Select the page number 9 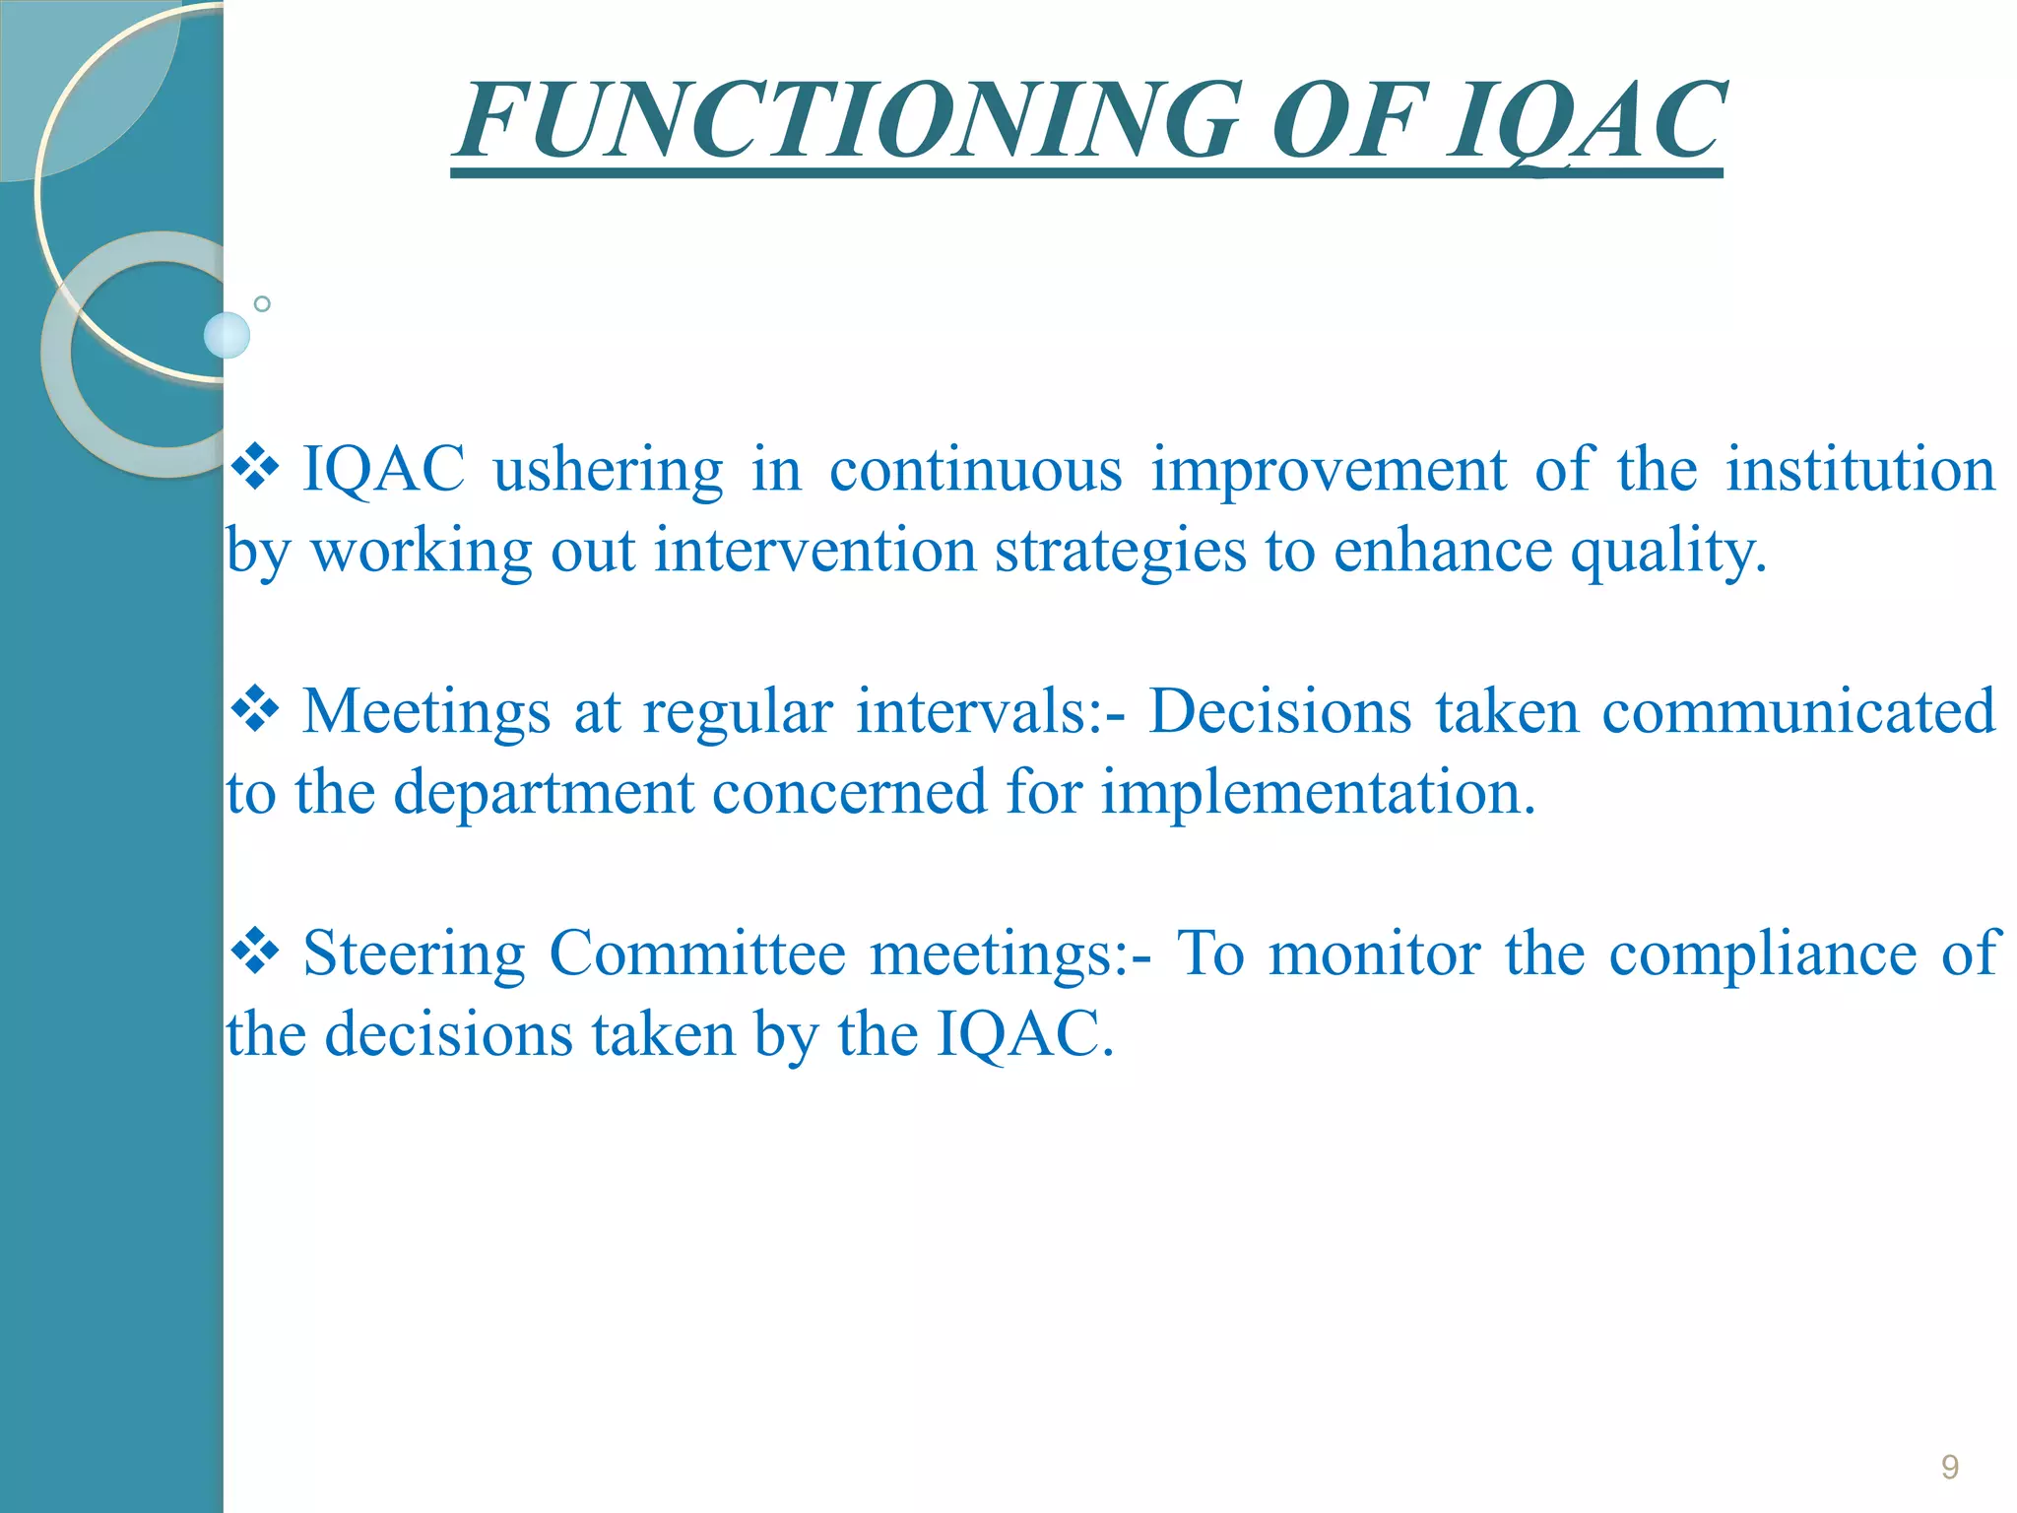1949,1467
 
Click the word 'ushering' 608,469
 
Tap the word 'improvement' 1329,469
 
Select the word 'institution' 1859,469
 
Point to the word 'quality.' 1667,552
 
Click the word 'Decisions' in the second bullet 1280,711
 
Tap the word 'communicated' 1798,711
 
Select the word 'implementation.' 1318,793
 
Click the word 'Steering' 414,954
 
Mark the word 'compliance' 1762,954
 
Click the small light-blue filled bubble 227,335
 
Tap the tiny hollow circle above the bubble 262,303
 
